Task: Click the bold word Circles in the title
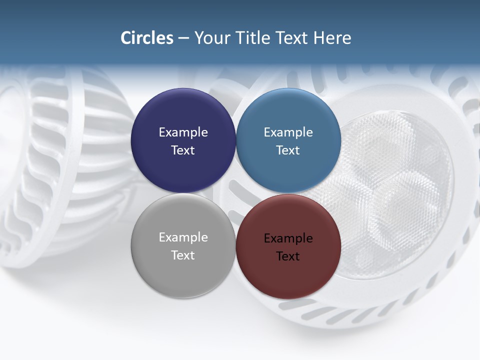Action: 147,38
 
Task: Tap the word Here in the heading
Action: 332,38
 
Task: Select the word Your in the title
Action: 211,38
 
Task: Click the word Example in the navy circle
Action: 183,132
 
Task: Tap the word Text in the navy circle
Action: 183,150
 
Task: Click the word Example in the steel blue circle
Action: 288,132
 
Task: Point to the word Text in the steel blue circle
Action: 288,150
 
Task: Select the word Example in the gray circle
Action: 183,237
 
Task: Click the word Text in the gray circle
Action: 183,255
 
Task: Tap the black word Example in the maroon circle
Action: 288,238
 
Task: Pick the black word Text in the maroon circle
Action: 288,256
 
